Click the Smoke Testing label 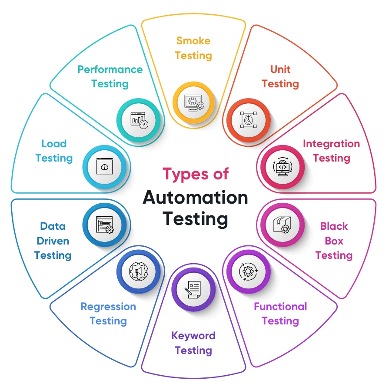click(193, 48)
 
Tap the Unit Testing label click(280, 76)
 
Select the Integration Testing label click(331, 151)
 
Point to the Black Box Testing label click(334, 241)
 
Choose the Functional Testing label click(280, 314)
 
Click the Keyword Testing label click(193, 343)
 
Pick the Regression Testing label click(108, 314)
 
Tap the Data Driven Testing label click(53, 241)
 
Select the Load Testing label click(54, 151)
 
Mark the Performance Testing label click(110, 76)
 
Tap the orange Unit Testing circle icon click(247, 120)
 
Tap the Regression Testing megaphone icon click(138, 271)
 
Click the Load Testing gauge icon click(104, 166)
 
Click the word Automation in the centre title click(195, 198)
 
